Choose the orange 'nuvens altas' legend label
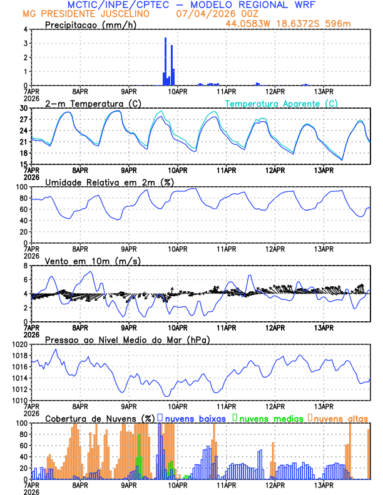tap(341, 417)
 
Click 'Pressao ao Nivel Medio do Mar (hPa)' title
tap(127, 339)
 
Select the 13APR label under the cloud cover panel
tap(323, 485)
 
